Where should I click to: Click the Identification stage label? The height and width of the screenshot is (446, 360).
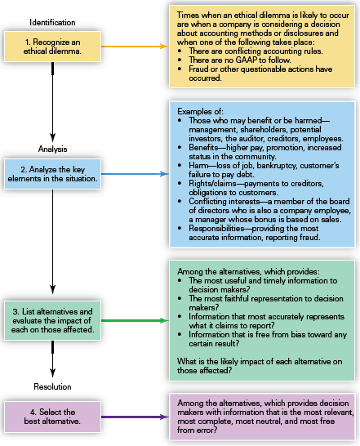click(52, 23)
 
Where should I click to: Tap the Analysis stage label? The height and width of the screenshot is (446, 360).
click(52, 149)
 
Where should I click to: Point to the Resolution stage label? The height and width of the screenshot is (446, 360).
click(52, 387)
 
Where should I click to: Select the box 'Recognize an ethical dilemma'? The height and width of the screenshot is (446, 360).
click(52, 47)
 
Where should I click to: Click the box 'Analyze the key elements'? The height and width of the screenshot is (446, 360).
click(52, 174)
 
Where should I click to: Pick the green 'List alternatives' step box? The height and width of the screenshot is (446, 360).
click(52, 320)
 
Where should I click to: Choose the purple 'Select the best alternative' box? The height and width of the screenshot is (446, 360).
click(52, 417)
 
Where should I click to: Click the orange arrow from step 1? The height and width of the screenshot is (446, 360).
click(135, 47)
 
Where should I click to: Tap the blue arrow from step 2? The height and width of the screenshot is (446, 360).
click(135, 174)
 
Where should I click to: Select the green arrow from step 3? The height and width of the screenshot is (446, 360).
click(135, 320)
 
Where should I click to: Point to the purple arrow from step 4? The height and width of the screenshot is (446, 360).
click(135, 417)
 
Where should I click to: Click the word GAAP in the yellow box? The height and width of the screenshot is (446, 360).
click(247, 60)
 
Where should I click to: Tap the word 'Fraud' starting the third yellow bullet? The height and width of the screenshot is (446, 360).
click(198, 69)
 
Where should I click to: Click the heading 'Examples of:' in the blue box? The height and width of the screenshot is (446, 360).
click(200, 111)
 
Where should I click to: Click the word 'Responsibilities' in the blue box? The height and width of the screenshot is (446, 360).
click(216, 229)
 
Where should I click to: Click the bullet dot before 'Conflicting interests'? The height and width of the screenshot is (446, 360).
click(180, 202)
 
